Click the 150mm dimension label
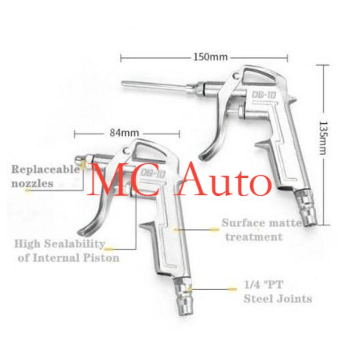point(211,57)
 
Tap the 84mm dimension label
point(124,133)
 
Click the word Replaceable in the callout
point(45,170)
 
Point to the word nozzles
point(32,184)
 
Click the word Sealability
point(75,244)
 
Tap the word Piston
point(101,257)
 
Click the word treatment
point(254,237)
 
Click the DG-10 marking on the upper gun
point(264,95)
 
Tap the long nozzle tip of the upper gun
point(123,83)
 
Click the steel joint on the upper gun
point(306,209)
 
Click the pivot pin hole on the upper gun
point(236,76)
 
